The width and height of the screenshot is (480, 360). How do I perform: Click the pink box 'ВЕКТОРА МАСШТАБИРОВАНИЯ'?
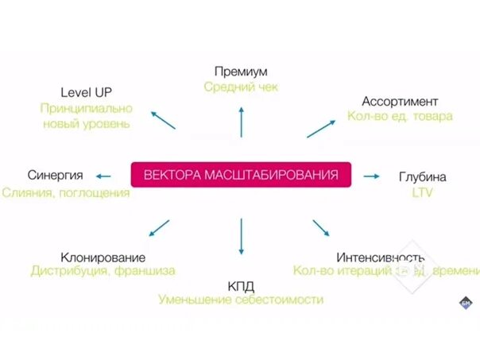240,174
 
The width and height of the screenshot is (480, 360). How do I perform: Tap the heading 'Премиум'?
241,71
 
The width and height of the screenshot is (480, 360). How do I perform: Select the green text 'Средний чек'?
241,87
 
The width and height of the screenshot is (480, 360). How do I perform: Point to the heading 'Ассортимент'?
400,101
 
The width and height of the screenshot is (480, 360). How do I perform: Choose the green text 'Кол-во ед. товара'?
400,116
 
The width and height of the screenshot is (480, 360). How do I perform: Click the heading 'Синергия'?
56,176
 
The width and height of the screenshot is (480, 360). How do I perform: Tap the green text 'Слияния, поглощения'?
66,192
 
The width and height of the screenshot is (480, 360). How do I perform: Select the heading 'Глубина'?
422,176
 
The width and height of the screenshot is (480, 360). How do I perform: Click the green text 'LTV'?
422,192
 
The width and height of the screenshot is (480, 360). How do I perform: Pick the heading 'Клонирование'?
103,257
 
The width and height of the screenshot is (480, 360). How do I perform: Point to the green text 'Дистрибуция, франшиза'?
103,271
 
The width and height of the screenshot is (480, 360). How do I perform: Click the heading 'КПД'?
241,285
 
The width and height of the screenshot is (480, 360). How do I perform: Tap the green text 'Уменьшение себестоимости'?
241,300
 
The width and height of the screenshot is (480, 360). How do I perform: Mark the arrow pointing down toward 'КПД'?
241,234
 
